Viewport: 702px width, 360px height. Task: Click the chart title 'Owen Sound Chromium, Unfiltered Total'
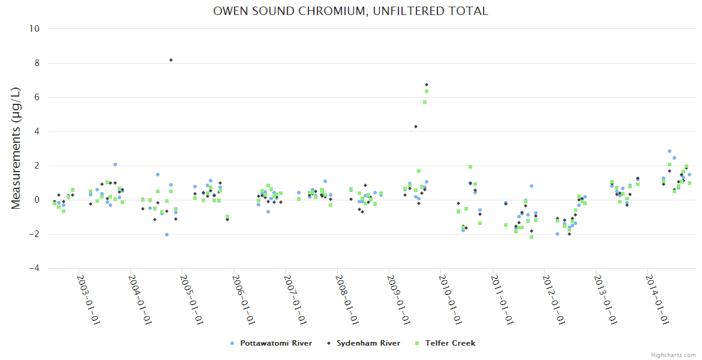(x=350, y=11)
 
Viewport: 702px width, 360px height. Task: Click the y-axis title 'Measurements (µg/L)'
(x=16, y=148)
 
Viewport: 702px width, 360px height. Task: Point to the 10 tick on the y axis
(x=34, y=29)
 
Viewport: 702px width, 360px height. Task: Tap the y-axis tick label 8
(x=37, y=63)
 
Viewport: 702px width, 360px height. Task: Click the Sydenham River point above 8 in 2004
(x=171, y=60)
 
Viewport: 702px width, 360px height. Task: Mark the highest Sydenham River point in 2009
(x=427, y=85)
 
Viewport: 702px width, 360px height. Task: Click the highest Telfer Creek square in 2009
(x=427, y=91)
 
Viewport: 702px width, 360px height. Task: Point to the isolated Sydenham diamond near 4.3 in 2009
(x=415, y=127)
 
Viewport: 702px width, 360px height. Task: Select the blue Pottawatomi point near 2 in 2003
(x=115, y=164)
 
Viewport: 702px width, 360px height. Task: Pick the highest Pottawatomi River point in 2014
(x=670, y=151)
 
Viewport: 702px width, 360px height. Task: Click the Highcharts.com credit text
(x=673, y=355)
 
